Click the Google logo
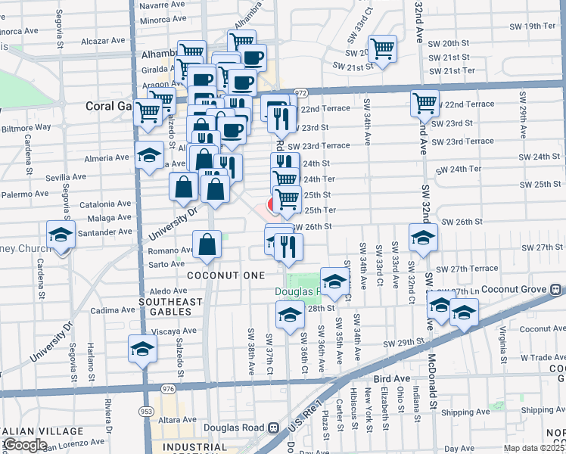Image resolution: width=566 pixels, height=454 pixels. coord(24,445)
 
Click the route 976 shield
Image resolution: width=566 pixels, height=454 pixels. coord(168,389)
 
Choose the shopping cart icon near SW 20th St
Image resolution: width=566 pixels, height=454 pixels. coord(384,48)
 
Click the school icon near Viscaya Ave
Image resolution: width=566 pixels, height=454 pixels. coord(141,348)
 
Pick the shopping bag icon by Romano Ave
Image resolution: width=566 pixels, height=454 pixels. coord(207,244)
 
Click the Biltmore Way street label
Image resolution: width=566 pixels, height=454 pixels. coord(26,128)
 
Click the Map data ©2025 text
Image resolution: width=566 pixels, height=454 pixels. coord(532,448)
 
